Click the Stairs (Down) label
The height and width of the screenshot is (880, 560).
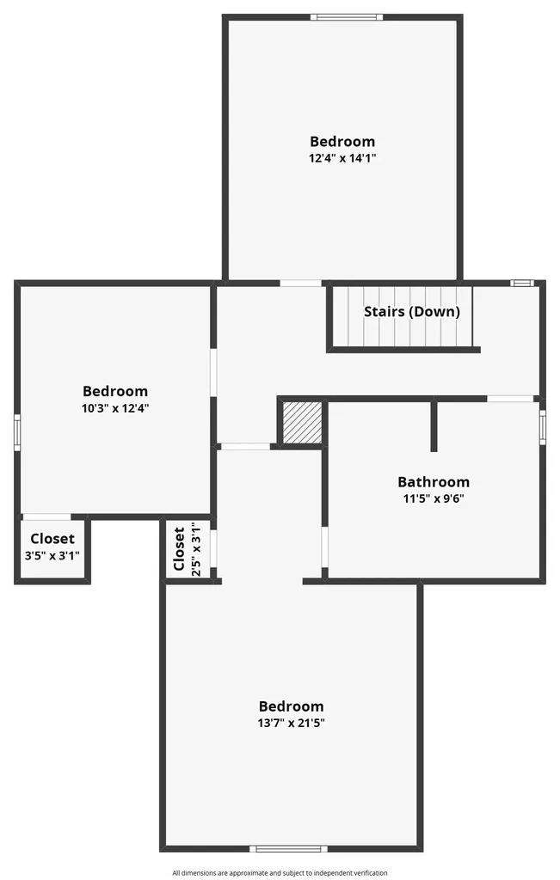point(412,311)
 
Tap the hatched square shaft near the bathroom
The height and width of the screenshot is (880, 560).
point(302,423)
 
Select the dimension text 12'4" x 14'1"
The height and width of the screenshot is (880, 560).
point(342,158)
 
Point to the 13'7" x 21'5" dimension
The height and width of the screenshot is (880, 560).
point(291,723)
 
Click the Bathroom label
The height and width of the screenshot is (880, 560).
point(433,481)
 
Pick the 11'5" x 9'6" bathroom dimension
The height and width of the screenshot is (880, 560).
point(433,498)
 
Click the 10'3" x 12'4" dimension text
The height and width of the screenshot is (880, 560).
point(115,408)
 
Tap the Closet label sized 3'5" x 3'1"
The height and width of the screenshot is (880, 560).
point(52,539)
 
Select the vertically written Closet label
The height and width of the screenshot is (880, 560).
point(179,549)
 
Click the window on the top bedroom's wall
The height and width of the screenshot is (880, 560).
point(347,17)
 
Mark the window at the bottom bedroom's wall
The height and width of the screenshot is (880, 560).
point(288,848)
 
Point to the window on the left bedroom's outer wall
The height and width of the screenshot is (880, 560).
point(17,432)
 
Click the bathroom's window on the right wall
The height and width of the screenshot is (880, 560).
point(543,427)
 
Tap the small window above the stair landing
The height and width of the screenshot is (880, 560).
point(522,283)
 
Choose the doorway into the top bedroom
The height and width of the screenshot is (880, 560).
point(301,283)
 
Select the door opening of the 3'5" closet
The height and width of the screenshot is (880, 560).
point(46,516)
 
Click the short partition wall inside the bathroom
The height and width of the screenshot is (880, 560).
point(434,425)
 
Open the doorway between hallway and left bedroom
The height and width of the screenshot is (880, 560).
point(213,373)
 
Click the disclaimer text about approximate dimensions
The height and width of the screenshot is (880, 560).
point(280,873)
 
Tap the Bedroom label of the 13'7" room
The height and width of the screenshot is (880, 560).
point(291,706)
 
